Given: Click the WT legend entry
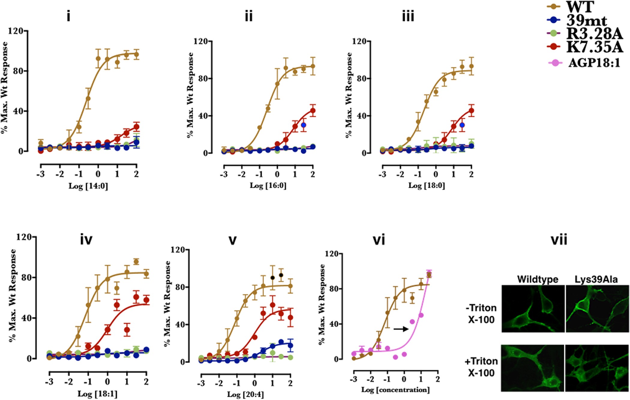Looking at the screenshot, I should (x=579, y=7).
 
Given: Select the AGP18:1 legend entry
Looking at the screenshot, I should (x=594, y=63).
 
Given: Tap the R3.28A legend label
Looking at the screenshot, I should (x=594, y=34).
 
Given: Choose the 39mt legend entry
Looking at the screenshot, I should (x=586, y=20).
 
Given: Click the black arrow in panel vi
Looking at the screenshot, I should (x=401, y=329).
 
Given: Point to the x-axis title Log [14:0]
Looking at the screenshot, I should (x=88, y=186).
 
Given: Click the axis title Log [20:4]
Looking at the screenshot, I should (x=245, y=394).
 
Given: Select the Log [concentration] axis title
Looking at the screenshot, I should (x=395, y=390).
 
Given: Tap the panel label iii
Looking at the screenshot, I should (x=408, y=16).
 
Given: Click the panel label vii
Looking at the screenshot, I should (x=559, y=240).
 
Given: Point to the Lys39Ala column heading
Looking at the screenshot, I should (x=596, y=279).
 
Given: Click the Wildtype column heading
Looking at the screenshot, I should (x=538, y=279).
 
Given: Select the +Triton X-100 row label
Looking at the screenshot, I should (x=481, y=367).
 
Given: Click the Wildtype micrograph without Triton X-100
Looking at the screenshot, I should (x=533, y=308).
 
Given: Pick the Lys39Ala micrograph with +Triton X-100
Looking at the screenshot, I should (x=597, y=368).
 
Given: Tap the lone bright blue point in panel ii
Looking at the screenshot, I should (x=303, y=125).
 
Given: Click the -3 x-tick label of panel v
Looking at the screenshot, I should (x=201, y=383).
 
